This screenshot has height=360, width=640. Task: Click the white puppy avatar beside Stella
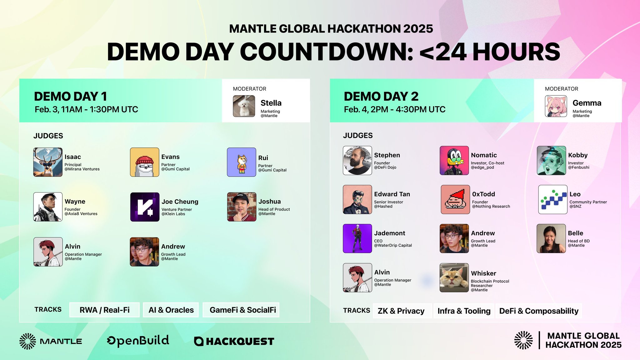244,106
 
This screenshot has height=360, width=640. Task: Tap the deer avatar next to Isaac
48,162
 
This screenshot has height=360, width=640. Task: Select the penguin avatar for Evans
144,162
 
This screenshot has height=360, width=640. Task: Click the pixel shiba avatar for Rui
242,162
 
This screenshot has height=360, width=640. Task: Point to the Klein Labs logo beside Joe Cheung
145,207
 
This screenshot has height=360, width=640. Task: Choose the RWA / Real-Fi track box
104,310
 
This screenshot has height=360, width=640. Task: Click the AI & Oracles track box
171,310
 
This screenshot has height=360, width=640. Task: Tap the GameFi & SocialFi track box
241,310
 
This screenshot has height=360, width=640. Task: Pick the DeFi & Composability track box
539,311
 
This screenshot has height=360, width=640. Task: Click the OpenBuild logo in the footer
138,341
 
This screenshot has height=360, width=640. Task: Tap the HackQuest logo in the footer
234,341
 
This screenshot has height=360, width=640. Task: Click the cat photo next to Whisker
454,277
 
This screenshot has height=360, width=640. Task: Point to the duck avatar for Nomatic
454,160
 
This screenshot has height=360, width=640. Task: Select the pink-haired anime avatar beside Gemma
556,106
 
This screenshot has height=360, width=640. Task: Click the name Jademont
389,233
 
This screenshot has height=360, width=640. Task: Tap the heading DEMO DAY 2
381,96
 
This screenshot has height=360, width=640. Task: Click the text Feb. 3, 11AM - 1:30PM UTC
86,109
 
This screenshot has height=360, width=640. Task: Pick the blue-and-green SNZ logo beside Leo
553,199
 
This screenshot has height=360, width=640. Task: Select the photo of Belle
551,238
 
